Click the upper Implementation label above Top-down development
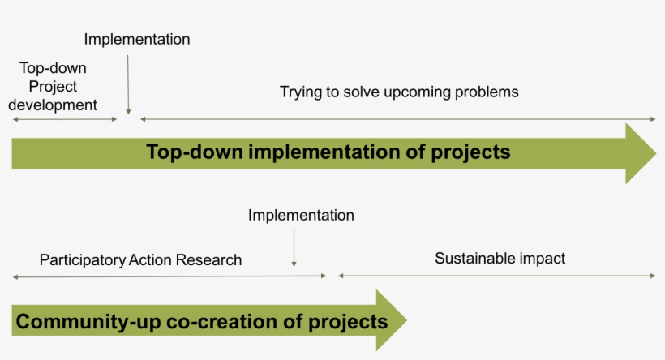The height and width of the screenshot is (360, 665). tap(136, 40)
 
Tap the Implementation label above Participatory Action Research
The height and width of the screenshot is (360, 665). tap(301, 216)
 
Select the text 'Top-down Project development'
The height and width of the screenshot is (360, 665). tap(53, 86)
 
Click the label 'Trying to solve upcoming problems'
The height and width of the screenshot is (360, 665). tap(399, 92)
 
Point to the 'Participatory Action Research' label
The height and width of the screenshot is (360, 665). tap(140, 259)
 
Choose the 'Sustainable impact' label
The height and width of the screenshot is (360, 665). tap(500, 258)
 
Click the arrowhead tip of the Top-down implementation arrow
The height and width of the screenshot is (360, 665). tap(656, 153)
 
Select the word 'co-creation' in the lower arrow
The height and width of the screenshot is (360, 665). tap(222, 322)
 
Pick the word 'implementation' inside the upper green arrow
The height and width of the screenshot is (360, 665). tap(324, 152)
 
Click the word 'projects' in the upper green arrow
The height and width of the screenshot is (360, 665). tap(470, 152)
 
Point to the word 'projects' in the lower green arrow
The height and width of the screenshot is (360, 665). tap(348, 322)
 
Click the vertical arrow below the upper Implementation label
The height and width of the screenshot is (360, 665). tap(128, 85)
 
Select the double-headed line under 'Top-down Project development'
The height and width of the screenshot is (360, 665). tap(65, 119)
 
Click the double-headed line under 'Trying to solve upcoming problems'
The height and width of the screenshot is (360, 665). tap(398, 119)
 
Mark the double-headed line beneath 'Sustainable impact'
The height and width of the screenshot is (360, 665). tap(496, 276)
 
